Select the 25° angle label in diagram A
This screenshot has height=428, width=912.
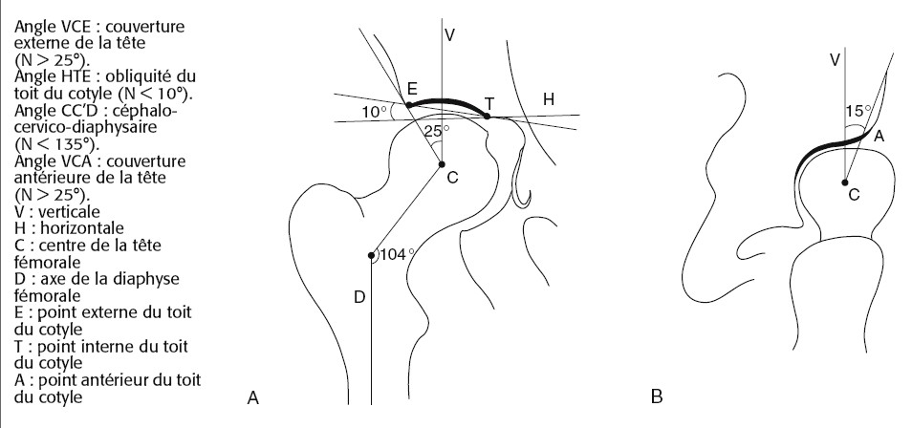click(437, 132)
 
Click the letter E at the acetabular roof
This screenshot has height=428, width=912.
click(412, 89)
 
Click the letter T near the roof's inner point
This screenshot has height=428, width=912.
click(489, 104)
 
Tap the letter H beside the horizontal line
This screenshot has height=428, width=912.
click(549, 99)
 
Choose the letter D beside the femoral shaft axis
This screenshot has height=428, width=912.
click(359, 297)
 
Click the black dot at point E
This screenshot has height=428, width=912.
click(409, 105)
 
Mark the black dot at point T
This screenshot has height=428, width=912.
click(488, 117)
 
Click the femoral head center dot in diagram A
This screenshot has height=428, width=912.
click(442, 164)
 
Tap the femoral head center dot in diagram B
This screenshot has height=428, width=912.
click(844, 182)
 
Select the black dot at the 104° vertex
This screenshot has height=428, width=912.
click(371, 255)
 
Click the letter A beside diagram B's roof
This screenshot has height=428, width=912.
click(879, 136)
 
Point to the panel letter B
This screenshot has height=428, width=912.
click(657, 397)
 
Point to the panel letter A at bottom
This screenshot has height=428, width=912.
click(253, 397)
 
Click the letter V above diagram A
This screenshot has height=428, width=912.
click(449, 34)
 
